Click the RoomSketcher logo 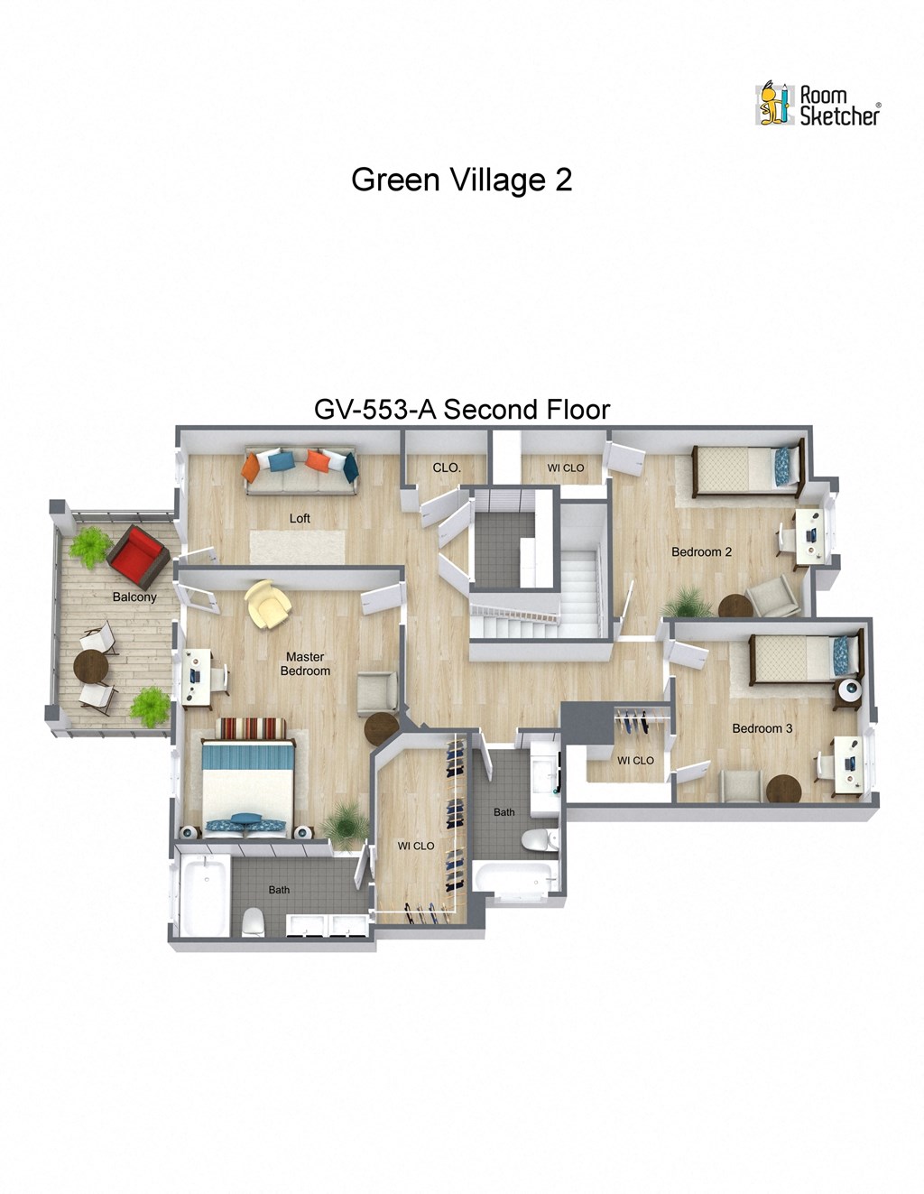(x=818, y=105)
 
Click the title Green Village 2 (x=461, y=180)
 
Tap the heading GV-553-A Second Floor (x=461, y=410)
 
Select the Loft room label (x=300, y=518)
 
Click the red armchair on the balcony (x=138, y=556)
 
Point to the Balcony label (x=134, y=597)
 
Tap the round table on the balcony (x=90, y=669)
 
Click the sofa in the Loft (x=300, y=470)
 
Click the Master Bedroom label (x=305, y=664)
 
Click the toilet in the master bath (x=254, y=921)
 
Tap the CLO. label (x=447, y=467)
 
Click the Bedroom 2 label (x=701, y=551)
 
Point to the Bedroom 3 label (x=762, y=728)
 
